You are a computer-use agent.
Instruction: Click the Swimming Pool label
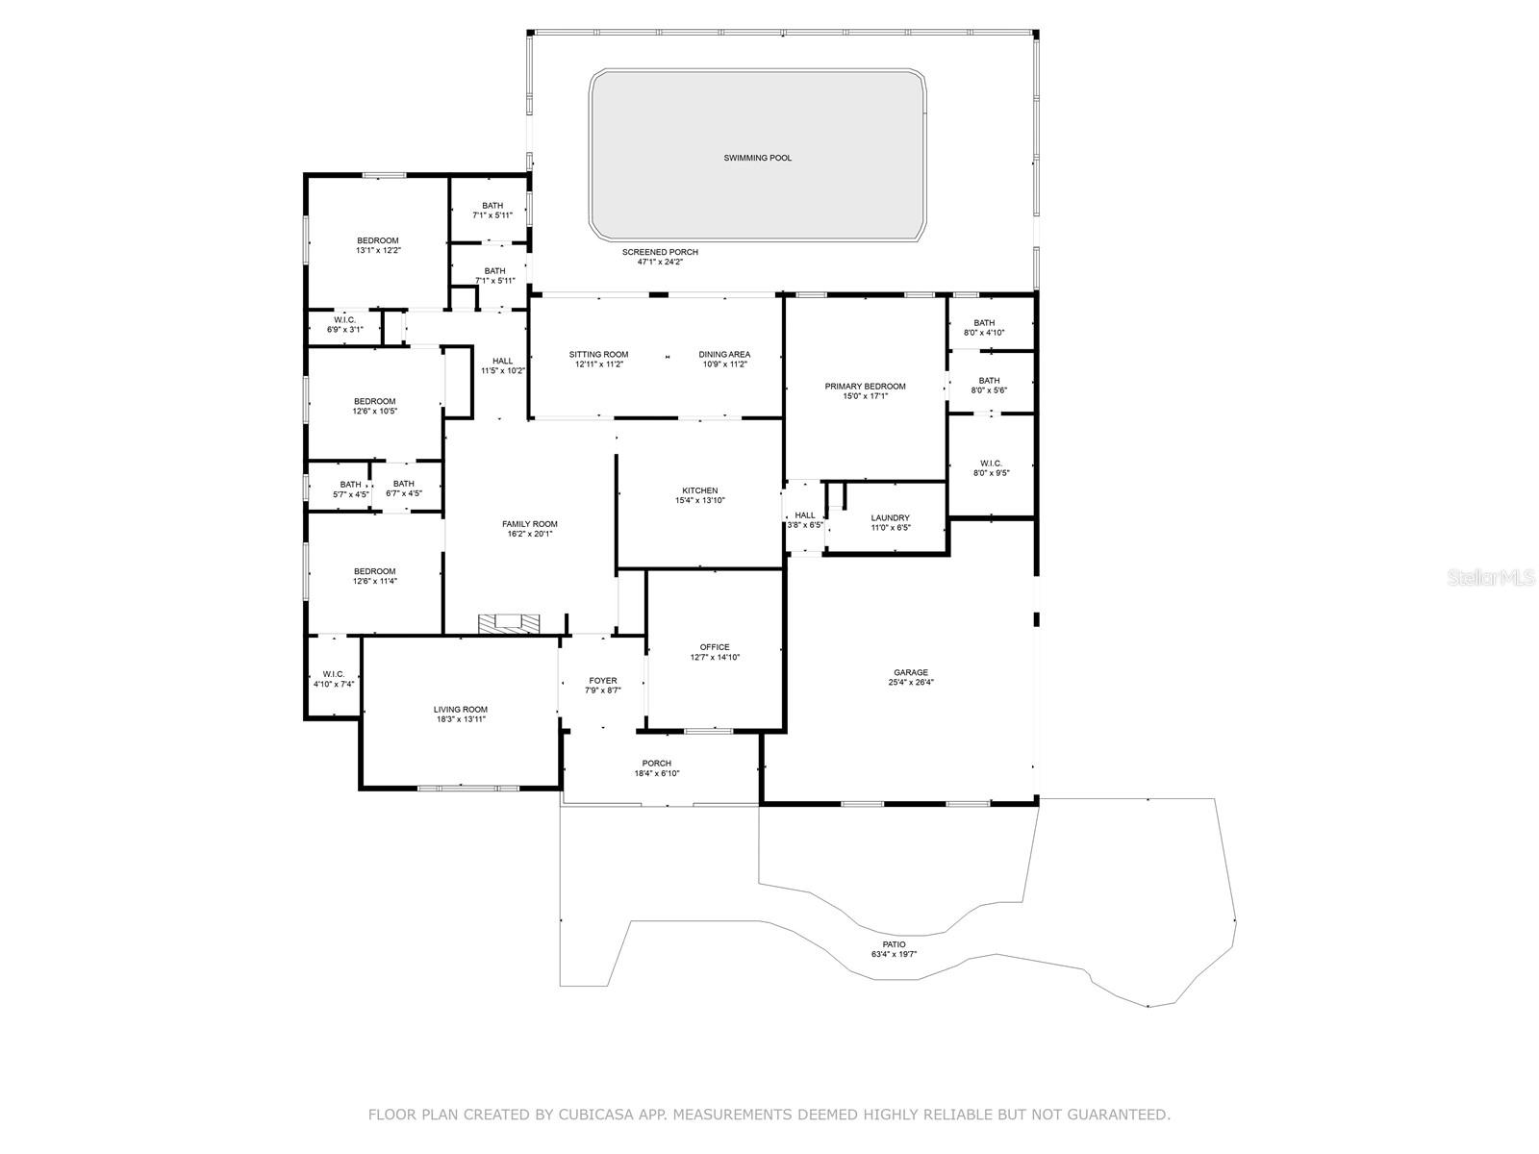pyautogui.click(x=758, y=158)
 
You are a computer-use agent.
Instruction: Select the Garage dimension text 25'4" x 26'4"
pyautogui.click(x=910, y=683)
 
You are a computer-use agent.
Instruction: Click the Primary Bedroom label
pyautogui.click(x=865, y=387)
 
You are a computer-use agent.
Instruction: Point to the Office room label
pyautogui.click(x=715, y=647)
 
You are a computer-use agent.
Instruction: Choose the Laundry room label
pyautogui.click(x=890, y=518)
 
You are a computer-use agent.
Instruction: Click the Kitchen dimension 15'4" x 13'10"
pyautogui.click(x=699, y=501)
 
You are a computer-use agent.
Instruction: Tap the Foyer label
pyautogui.click(x=603, y=681)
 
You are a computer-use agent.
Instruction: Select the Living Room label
pyautogui.click(x=461, y=710)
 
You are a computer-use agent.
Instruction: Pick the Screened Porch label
pyautogui.click(x=660, y=252)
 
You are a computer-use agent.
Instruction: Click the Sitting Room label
pyautogui.click(x=598, y=355)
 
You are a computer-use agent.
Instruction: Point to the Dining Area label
pyautogui.click(x=724, y=355)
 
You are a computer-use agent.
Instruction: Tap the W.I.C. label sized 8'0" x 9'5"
pyautogui.click(x=991, y=464)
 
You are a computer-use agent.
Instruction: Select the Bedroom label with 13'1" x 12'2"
pyautogui.click(x=377, y=240)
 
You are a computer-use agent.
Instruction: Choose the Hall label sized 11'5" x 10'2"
pyautogui.click(x=502, y=362)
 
